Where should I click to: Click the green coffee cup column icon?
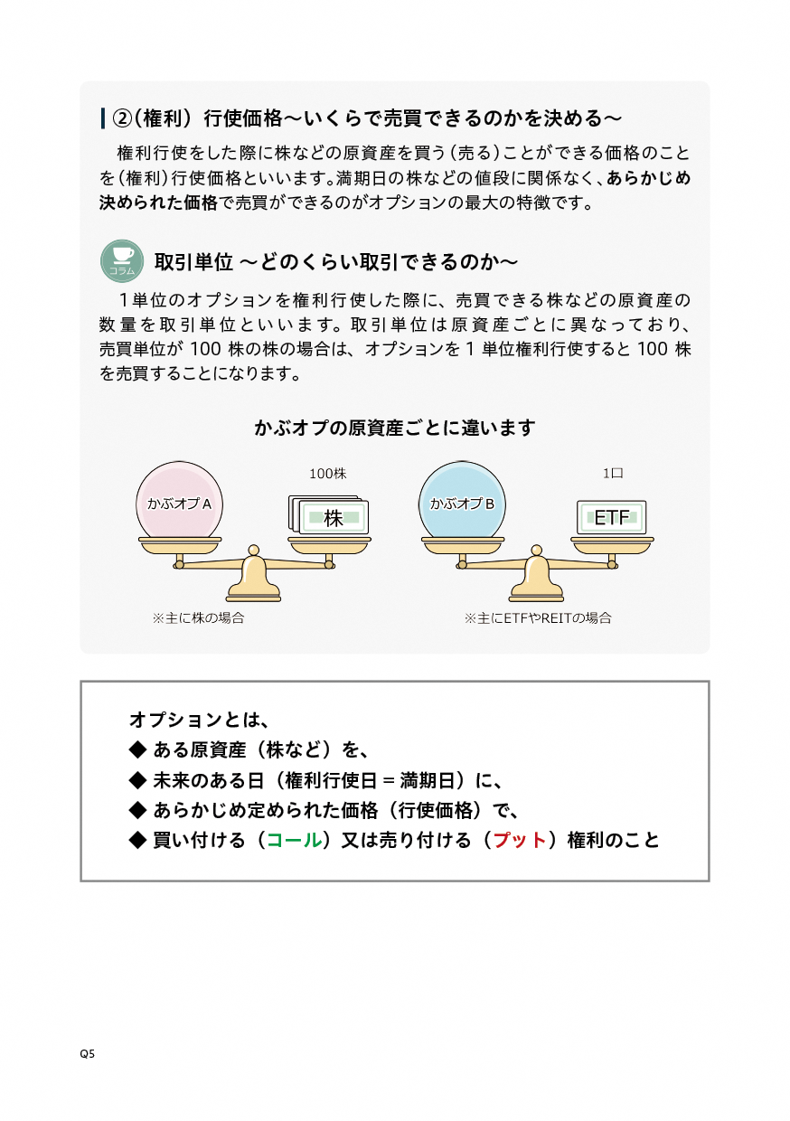pos(122,260)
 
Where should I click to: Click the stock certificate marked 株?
pos(329,515)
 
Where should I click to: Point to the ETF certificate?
pos(611,517)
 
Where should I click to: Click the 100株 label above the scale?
pos(328,473)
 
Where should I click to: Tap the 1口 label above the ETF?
pos(613,473)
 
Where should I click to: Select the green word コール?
pos(294,840)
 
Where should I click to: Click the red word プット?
pos(520,840)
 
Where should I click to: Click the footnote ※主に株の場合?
pos(198,618)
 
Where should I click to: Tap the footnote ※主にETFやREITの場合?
pos(538,618)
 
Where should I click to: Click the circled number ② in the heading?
pos(122,118)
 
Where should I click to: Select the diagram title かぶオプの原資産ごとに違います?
pos(395,428)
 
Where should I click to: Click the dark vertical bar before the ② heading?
pos(102,118)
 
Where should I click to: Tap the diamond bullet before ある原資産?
pos(137,749)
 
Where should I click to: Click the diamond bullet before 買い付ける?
pos(137,840)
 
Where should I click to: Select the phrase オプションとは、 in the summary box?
pos(200,720)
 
